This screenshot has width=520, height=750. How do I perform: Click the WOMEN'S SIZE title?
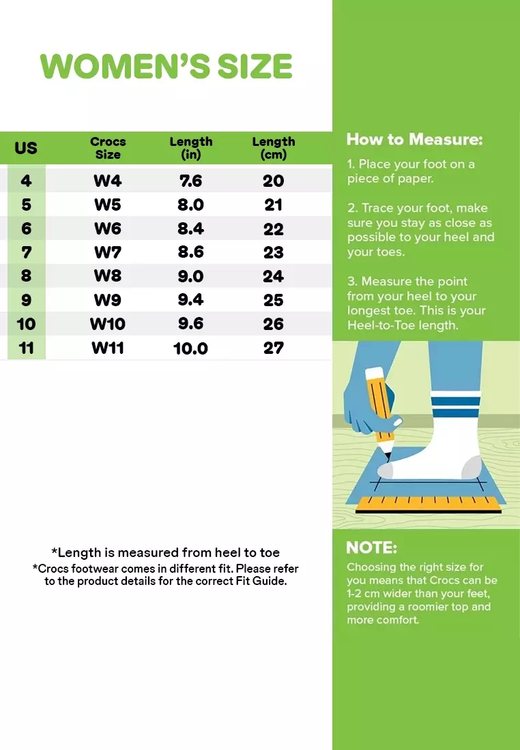166,66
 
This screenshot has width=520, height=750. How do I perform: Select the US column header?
26,148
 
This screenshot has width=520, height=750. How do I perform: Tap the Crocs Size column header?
108,148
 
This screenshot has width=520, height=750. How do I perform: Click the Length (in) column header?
191,148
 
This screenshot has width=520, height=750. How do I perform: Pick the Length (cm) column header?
274,148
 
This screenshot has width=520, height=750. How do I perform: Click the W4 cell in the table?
108,181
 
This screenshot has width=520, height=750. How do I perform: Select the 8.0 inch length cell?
190,205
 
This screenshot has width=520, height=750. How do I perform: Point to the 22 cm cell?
274,228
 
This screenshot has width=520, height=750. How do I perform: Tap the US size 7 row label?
27,252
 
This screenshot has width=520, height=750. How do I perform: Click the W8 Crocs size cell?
108,276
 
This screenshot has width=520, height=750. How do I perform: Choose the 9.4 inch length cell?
190,300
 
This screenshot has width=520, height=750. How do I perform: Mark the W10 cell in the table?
108,324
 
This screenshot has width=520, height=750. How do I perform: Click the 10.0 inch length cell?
190,348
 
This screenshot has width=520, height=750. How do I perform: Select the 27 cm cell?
274,348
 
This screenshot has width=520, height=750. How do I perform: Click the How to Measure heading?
415,139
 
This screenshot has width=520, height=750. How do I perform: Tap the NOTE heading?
371,547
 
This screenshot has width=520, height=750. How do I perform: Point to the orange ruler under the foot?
429,504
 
